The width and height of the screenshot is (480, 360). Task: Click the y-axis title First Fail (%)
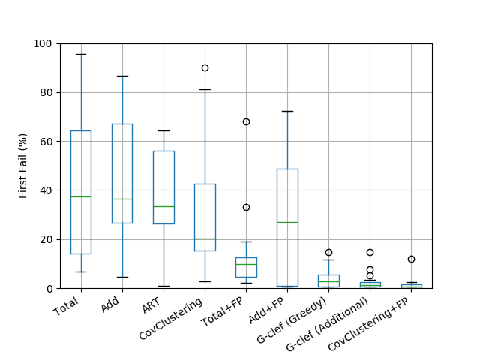[23, 166]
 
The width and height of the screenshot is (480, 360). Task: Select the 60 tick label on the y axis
[46, 142]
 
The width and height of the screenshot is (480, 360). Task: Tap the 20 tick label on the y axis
[46, 239]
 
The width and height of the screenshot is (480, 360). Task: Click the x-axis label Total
[66, 306]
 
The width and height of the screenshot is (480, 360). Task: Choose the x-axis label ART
[151, 305]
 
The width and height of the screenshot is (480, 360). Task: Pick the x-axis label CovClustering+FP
[368, 325]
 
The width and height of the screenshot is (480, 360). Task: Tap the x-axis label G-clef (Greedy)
[292, 320]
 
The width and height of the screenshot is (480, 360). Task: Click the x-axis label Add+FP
[266, 310]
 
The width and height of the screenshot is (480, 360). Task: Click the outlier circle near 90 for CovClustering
[205, 68]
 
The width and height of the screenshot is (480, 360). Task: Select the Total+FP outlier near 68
[246, 121]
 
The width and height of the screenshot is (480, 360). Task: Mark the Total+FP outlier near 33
[246, 208]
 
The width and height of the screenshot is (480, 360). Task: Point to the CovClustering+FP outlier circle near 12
[411, 259]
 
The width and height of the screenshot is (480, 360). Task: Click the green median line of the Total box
[81, 196]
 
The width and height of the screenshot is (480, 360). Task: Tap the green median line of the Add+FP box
[287, 222]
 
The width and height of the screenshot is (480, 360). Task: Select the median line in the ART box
[163, 207]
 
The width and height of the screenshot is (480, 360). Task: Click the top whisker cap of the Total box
[81, 55]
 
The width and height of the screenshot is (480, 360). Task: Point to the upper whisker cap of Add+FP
[287, 112]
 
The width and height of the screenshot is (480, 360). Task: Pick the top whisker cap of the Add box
[122, 76]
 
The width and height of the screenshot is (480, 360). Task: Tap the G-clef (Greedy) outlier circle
[328, 253]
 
